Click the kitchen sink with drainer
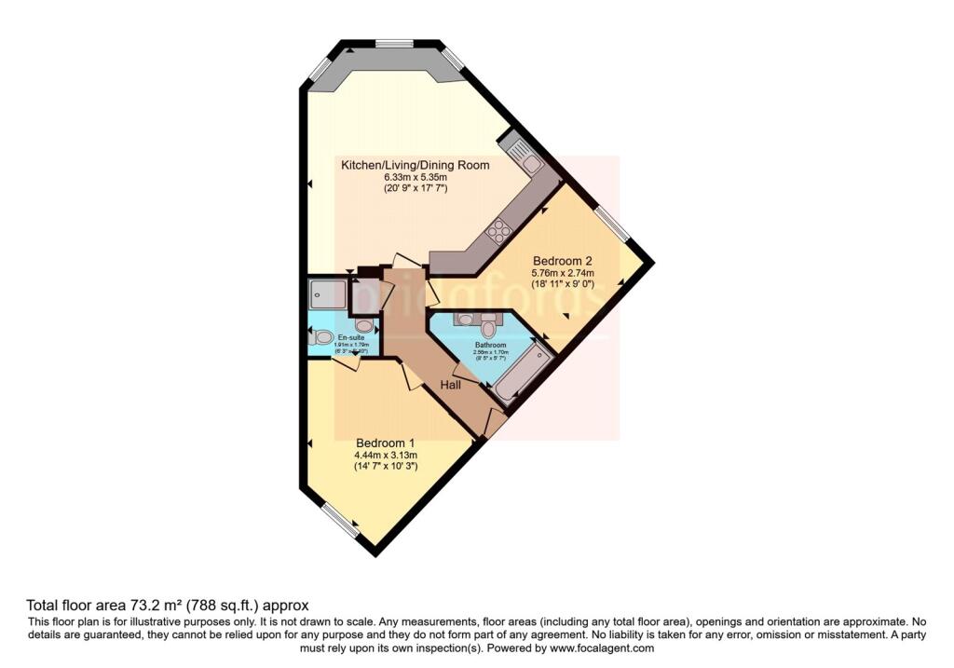pos(523,155)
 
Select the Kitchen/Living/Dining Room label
pos(415,165)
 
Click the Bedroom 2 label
pos(563,261)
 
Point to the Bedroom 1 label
pos(385,443)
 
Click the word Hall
pos(451,384)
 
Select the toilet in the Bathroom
pos(488,327)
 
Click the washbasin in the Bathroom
pos(465,320)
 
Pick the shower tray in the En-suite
pos(328,293)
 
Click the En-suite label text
pos(351,337)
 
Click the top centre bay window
pos(394,43)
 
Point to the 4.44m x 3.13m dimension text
pos(385,455)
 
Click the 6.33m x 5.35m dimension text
pos(415,177)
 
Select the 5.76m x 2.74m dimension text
pos(563,273)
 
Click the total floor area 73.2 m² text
pos(168,605)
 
